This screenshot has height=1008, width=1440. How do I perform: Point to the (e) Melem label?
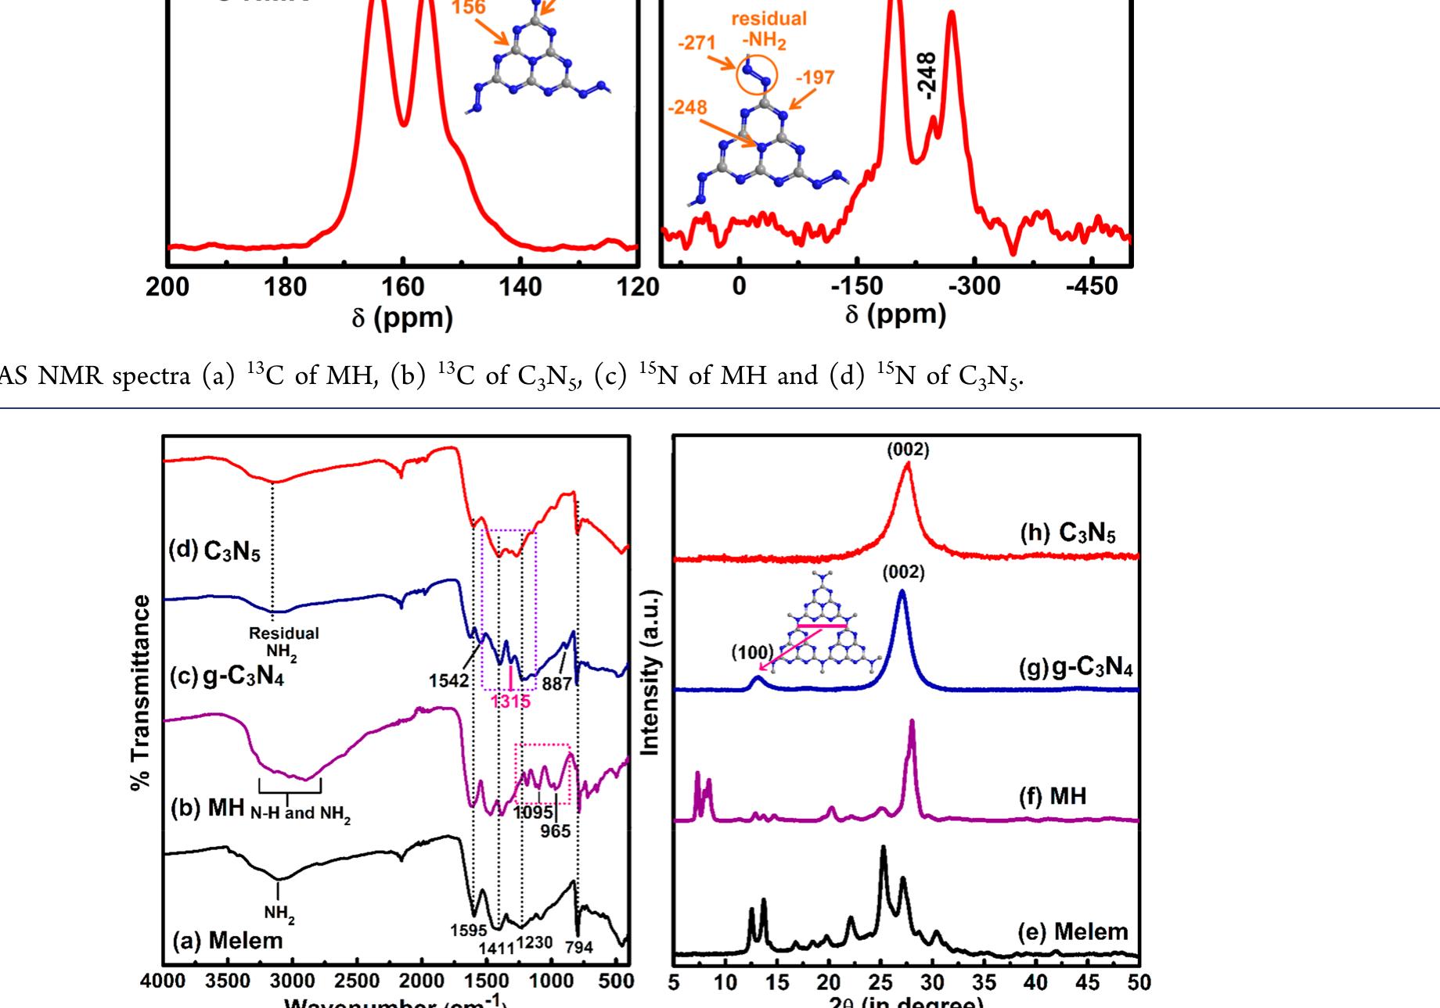tap(1073, 931)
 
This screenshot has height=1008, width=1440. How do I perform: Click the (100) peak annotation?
tap(752, 652)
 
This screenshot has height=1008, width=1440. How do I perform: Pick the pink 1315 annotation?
tap(511, 701)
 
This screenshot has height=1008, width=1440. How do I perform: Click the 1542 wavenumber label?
tap(448, 681)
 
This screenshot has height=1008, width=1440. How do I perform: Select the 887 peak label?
tap(556, 683)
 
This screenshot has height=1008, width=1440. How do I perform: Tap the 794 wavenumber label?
tap(579, 947)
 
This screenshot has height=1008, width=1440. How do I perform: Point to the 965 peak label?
tap(556, 830)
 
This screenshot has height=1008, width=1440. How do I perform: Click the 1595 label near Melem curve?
tap(469, 930)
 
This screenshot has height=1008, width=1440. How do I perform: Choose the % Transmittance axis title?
tap(141, 692)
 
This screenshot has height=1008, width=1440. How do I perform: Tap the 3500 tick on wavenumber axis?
tap(228, 981)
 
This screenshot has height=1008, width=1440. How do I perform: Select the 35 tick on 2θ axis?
tap(984, 982)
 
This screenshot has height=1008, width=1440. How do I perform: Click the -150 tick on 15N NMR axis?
tap(856, 286)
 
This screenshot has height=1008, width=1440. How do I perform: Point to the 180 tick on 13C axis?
tap(285, 288)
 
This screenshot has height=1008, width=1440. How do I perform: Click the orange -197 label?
tap(815, 77)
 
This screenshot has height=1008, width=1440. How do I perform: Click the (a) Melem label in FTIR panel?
tap(227, 940)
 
